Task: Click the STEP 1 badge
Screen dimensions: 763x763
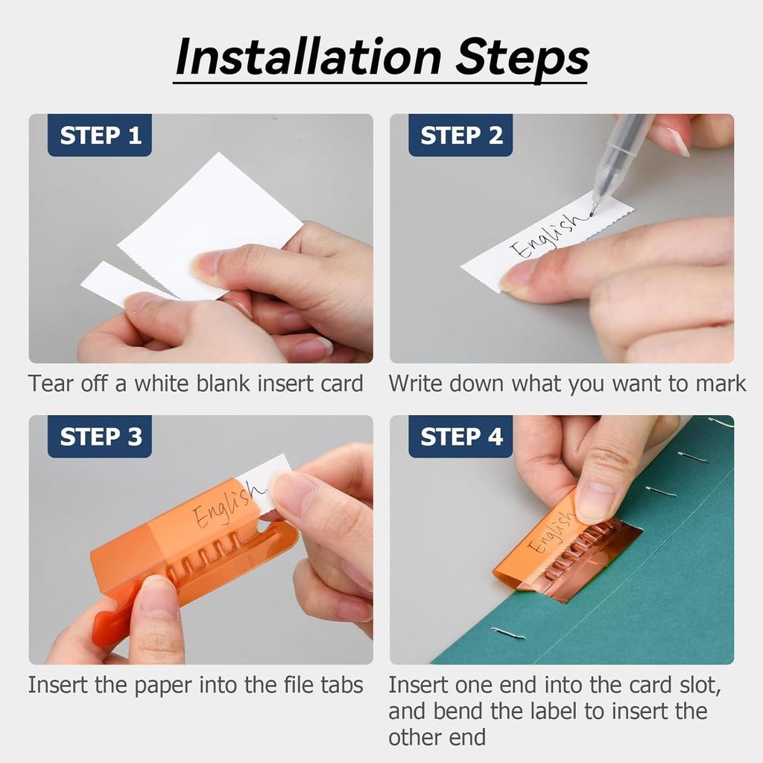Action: pyautogui.click(x=100, y=136)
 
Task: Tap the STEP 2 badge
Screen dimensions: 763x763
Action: pyautogui.click(x=460, y=136)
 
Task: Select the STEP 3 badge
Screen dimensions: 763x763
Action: pyautogui.click(x=100, y=437)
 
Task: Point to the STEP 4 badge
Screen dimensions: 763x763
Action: pyautogui.click(x=460, y=437)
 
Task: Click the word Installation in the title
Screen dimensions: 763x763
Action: pyautogui.click(x=308, y=57)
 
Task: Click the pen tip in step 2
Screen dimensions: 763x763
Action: pyautogui.click(x=592, y=212)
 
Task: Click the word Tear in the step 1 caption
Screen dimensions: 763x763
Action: pyautogui.click(x=51, y=384)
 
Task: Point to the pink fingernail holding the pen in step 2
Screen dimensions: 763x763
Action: pyautogui.click(x=678, y=142)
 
